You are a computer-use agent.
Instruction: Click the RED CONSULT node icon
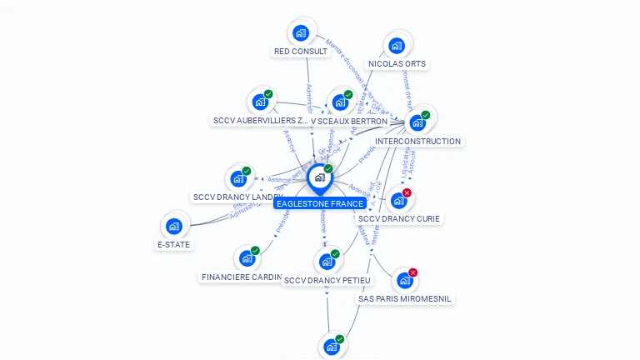coord(301,33)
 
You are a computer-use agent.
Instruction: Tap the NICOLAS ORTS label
coord(397,63)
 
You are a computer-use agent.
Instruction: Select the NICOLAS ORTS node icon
coord(397,46)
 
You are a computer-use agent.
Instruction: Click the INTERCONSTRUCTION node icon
coord(417,122)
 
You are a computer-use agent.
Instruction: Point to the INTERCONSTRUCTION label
coord(417,141)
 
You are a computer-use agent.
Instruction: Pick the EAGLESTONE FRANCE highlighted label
coord(319,203)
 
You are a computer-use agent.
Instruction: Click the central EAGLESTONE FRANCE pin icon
coord(319,178)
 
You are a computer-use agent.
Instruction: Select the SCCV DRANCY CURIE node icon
coord(398,201)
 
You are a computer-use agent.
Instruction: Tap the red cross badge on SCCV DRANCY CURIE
coord(407,193)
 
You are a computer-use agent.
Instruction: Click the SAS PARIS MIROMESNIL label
coord(406,298)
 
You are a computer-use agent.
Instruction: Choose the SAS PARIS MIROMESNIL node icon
coord(404,281)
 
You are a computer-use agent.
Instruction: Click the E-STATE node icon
coord(173,227)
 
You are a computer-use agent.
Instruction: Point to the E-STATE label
coord(173,245)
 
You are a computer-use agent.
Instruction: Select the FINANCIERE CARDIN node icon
coord(247,258)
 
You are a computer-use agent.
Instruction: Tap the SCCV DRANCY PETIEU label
coord(327,280)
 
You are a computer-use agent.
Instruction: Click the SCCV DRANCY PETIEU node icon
coord(327,262)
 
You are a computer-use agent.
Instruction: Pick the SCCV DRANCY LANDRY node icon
coord(238,179)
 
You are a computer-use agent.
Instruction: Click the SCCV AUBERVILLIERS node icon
coord(260,102)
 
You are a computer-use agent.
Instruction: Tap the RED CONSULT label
coord(301,52)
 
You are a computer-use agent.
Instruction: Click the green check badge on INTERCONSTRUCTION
coord(426,115)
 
